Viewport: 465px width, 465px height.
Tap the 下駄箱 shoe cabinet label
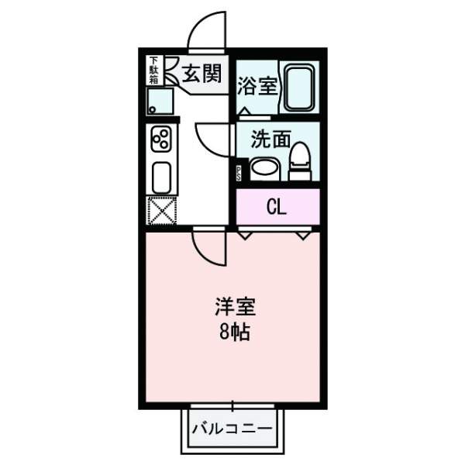tap(153, 70)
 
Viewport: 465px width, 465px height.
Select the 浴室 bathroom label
tap(259, 86)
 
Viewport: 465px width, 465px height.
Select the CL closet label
tap(276, 207)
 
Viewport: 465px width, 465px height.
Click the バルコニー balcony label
tap(231, 428)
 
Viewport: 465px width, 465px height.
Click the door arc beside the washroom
tap(212, 138)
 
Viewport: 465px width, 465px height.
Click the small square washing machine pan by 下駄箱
tap(162, 101)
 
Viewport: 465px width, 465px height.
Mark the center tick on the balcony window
tap(232, 405)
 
